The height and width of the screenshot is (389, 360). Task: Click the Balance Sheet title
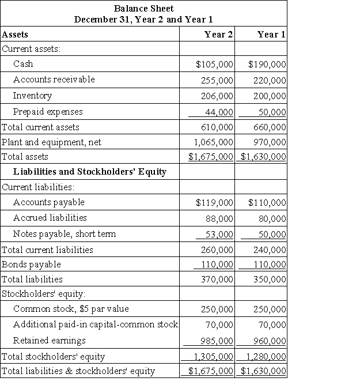(143, 9)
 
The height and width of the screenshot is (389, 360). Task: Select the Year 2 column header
(218, 35)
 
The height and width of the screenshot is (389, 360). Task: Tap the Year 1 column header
(271, 35)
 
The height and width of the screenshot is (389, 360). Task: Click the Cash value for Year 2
(214, 64)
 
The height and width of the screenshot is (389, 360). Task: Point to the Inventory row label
(32, 96)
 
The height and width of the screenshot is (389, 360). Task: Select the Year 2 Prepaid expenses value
(219, 112)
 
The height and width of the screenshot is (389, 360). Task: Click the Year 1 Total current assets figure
(269, 127)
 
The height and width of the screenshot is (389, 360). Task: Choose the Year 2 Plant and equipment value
(211, 142)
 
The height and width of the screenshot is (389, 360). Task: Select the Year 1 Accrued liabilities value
(272, 218)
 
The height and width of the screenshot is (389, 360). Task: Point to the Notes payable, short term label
(64, 234)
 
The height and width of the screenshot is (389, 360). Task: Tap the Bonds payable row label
(31, 265)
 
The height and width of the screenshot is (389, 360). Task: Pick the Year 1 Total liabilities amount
(269, 280)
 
